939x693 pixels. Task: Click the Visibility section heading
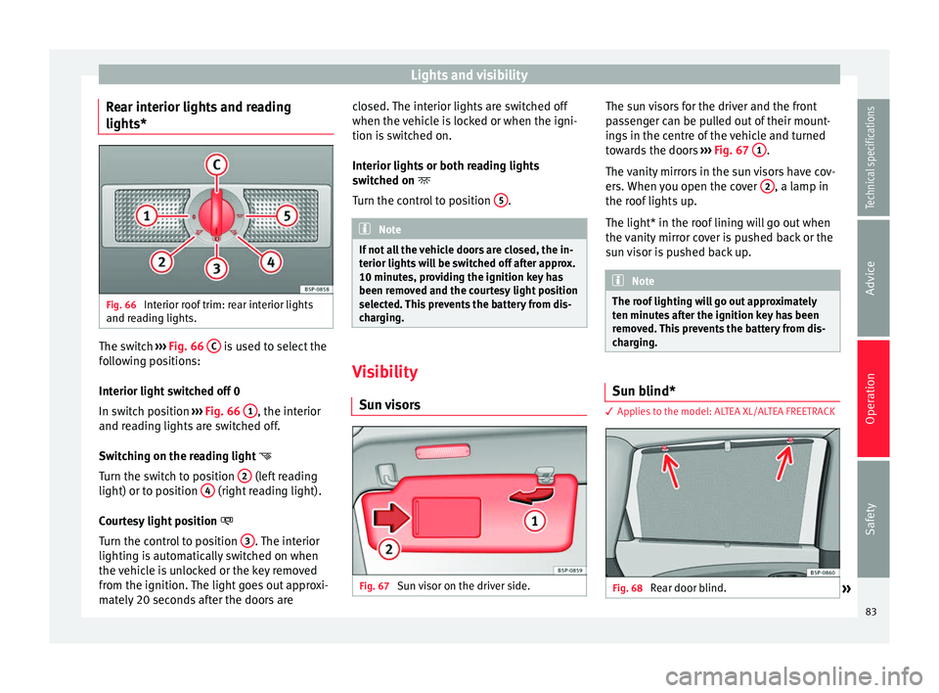coord(388,373)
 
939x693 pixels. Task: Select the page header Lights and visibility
coord(469,74)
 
